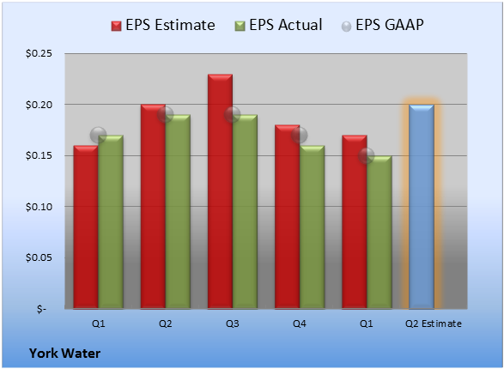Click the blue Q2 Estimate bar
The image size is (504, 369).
[422, 207]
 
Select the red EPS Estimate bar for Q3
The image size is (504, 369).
[220, 191]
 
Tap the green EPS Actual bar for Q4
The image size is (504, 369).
[312, 227]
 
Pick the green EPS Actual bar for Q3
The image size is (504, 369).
[245, 212]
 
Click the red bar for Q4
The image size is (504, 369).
[288, 217]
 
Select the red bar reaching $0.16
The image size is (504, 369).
[86, 227]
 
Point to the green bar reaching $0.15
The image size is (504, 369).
[380, 233]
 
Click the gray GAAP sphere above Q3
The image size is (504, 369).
[233, 115]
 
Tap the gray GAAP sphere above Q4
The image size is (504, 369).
[300, 136]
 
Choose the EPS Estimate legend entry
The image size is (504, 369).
[163, 26]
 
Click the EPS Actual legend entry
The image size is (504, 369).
[279, 26]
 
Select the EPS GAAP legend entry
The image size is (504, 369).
[382, 26]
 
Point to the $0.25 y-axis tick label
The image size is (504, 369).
[39, 53]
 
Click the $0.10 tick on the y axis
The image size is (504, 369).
[39, 207]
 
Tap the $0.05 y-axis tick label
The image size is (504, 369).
[39, 257]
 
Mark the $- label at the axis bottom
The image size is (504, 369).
[41, 309]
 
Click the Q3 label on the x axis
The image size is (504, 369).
[233, 324]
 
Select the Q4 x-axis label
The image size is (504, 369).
[300, 324]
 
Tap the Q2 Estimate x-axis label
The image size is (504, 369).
[434, 324]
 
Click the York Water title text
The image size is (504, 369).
[64, 354]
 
